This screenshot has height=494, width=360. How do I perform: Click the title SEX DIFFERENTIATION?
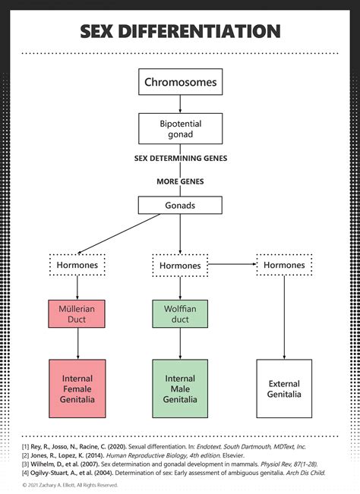(180, 31)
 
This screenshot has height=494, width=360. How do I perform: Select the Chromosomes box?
(180, 81)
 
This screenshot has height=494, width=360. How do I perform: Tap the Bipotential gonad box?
(180, 128)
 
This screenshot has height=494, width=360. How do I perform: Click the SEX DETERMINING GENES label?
(180, 159)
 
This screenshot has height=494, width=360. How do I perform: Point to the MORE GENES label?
(180, 182)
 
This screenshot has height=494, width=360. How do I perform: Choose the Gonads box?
(180, 205)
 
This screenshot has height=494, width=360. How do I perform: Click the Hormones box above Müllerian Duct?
(77, 265)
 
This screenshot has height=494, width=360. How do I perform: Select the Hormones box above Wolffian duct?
(180, 266)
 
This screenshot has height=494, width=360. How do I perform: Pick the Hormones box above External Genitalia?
(283, 265)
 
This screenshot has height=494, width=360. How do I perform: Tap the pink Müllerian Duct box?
(77, 315)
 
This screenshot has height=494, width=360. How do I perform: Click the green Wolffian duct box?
(180, 315)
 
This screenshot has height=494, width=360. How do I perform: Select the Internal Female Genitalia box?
(77, 389)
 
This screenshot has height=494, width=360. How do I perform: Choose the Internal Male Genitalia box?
(180, 389)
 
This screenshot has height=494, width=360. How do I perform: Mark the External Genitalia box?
(283, 389)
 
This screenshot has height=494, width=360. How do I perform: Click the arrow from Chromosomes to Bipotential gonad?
(180, 104)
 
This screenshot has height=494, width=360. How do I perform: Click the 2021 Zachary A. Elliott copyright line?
(70, 484)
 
